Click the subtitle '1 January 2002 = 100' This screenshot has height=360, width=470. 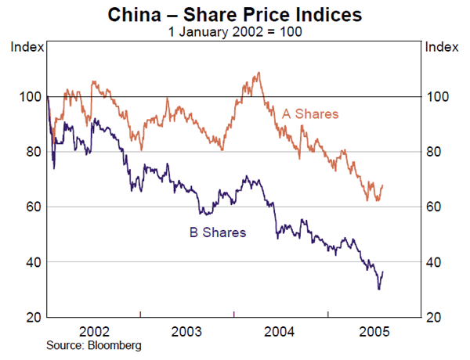point(235,32)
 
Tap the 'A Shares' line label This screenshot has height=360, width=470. point(310,114)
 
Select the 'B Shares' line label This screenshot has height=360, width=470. point(218,232)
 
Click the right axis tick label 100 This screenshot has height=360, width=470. point(438,96)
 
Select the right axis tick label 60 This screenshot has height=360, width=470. point(435,207)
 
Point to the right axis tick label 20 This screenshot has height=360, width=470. point(435,317)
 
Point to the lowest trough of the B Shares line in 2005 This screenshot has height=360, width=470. point(379,289)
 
